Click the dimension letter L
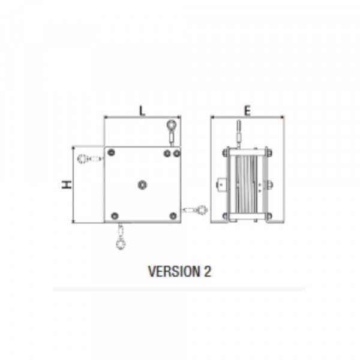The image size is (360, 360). click(142, 110)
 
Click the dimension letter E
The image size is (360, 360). click(247, 110)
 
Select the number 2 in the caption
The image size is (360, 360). click(208, 271)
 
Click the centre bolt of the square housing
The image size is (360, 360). click(142, 184)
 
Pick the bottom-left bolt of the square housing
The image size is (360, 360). click(113, 215)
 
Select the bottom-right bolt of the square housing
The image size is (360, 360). click(173, 215)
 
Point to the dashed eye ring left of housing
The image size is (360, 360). click(83, 159)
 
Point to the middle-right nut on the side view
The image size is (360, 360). click(269, 184)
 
